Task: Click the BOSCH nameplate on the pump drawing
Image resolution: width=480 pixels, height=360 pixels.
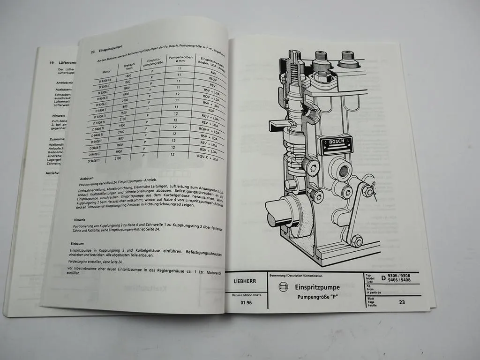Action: tap(336, 146)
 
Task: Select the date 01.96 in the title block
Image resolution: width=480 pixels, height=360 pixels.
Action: tap(246, 303)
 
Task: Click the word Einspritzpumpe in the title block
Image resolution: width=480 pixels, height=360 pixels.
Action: tap(317, 287)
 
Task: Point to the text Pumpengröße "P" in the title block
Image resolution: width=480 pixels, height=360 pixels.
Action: tap(319, 297)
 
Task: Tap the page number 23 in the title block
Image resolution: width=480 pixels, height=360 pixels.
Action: tap(402, 302)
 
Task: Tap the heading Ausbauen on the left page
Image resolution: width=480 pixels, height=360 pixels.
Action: tap(87, 178)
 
